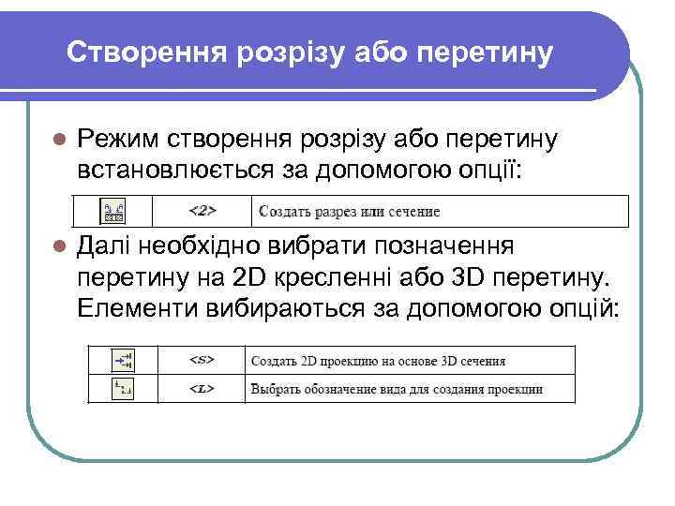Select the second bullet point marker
[x=57, y=246]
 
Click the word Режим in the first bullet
[x=119, y=140]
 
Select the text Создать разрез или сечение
[x=349, y=212]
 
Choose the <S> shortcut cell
[x=202, y=361]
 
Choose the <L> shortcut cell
[x=202, y=388]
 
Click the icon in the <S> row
[x=123, y=360]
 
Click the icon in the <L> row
[x=123, y=388]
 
